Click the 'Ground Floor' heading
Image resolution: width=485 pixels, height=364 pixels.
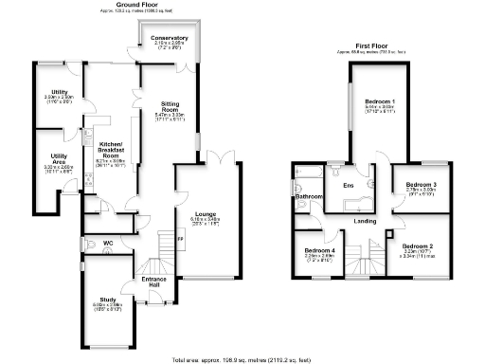[135, 4]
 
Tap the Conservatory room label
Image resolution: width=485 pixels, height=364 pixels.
[168, 38]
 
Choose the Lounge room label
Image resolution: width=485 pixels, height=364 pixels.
[206, 214]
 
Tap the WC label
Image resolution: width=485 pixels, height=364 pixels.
[108, 244]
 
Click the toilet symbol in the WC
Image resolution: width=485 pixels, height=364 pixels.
[87, 245]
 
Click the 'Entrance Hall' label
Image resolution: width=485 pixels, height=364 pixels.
[153, 282]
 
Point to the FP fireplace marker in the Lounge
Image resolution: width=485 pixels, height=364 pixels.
[180, 238]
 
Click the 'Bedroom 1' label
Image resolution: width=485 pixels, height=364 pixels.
[380, 100]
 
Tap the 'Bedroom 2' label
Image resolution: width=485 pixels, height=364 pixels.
[418, 247]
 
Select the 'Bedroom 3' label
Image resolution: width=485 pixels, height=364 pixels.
[421, 184]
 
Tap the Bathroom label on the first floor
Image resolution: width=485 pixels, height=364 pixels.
[310, 197]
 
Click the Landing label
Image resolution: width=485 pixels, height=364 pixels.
[365, 222]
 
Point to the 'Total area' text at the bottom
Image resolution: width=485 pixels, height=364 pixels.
[242, 359]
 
